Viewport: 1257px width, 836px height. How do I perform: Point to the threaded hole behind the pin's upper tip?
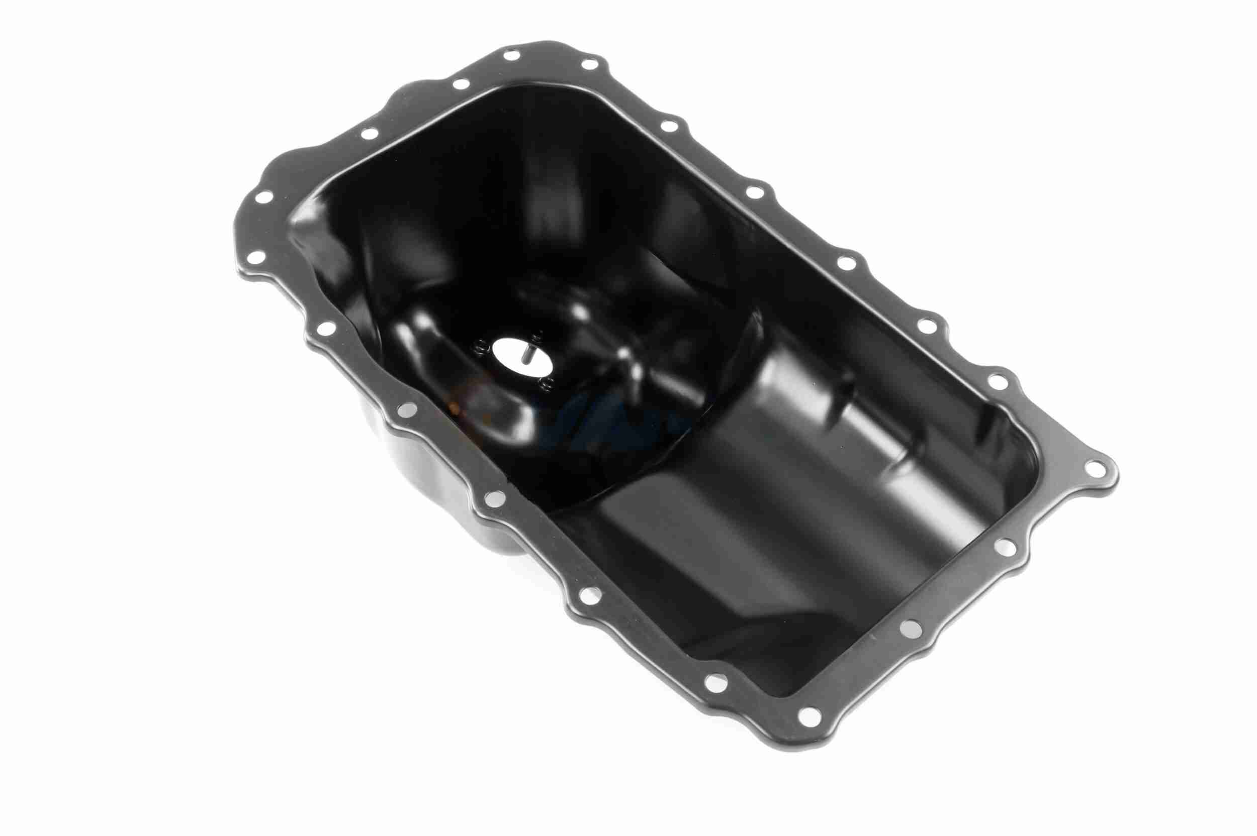coord(538,335)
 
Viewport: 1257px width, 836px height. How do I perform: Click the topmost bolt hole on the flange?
coord(510,55)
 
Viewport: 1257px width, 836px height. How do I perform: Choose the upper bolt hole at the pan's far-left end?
coord(262,198)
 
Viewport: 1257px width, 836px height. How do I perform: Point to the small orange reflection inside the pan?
coord(455,406)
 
